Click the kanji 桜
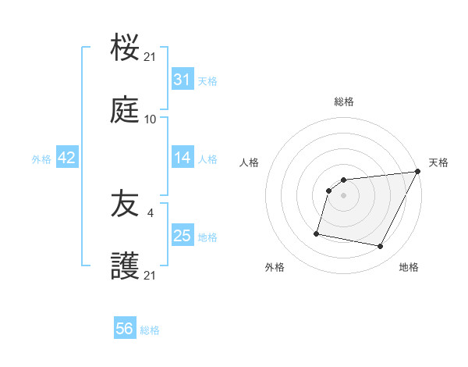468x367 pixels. [x=125, y=48]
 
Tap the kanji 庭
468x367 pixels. [x=125, y=112]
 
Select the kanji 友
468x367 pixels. [x=125, y=205]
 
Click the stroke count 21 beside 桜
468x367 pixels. [x=151, y=57]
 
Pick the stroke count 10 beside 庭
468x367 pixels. [x=151, y=119]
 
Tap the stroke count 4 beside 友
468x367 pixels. [x=151, y=212]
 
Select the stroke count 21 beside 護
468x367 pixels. [x=151, y=276]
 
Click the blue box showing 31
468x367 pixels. [x=182, y=80]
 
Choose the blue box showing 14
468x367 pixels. [x=182, y=158]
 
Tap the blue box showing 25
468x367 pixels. [x=182, y=236]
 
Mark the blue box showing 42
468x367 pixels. [x=67, y=158]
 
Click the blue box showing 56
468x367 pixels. [x=125, y=330]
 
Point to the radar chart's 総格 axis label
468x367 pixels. [x=344, y=102]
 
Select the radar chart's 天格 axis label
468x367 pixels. [x=439, y=162]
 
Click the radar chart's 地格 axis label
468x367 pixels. [x=409, y=267]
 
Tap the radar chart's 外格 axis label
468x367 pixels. [x=275, y=267]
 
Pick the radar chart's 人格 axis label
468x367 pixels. [x=250, y=162]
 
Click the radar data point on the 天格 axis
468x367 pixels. [x=417, y=172]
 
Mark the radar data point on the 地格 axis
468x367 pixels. [x=381, y=247]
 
